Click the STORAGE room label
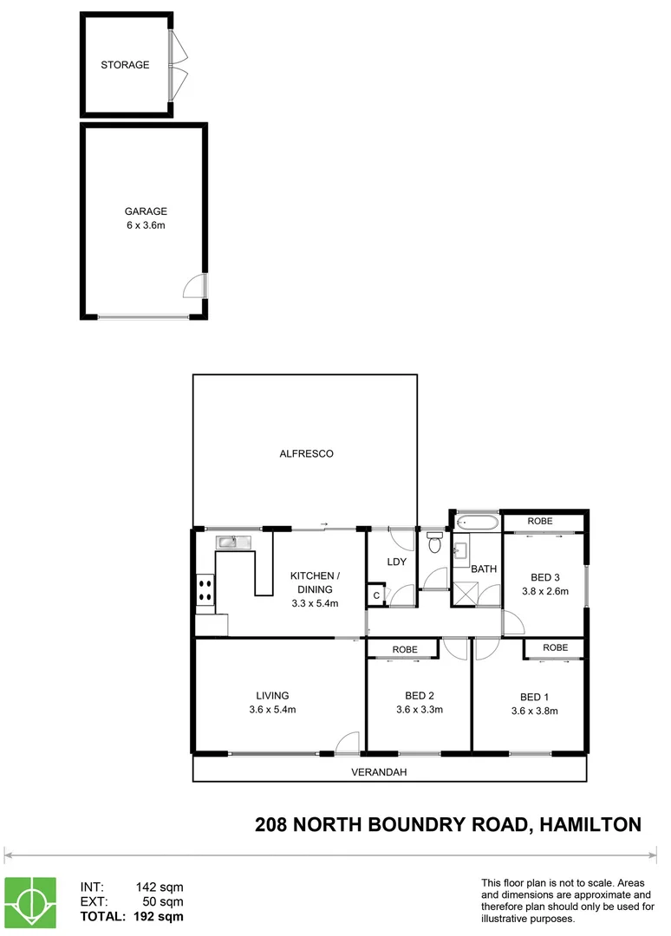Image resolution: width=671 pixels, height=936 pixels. tap(125, 65)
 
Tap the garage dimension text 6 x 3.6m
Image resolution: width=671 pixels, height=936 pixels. tap(145, 225)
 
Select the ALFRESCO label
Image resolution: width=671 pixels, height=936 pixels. tap(306, 453)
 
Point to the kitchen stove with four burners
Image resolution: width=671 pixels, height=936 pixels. tap(206, 590)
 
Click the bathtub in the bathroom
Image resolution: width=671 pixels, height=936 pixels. tap(477, 522)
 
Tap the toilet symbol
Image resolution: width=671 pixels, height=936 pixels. tap(434, 543)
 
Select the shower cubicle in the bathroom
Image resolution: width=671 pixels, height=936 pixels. tap(466, 595)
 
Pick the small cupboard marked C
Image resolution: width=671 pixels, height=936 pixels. tap(376, 595)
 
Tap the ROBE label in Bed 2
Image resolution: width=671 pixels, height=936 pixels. tap(405, 649)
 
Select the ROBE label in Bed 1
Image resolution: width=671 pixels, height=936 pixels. tap(555, 647)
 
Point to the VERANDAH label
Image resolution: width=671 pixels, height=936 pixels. tap(379, 771)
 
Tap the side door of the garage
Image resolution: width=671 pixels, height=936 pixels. tap(197, 287)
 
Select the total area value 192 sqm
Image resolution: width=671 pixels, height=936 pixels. tap(156, 915)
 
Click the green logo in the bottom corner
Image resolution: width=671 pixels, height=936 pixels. tap(30, 902)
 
